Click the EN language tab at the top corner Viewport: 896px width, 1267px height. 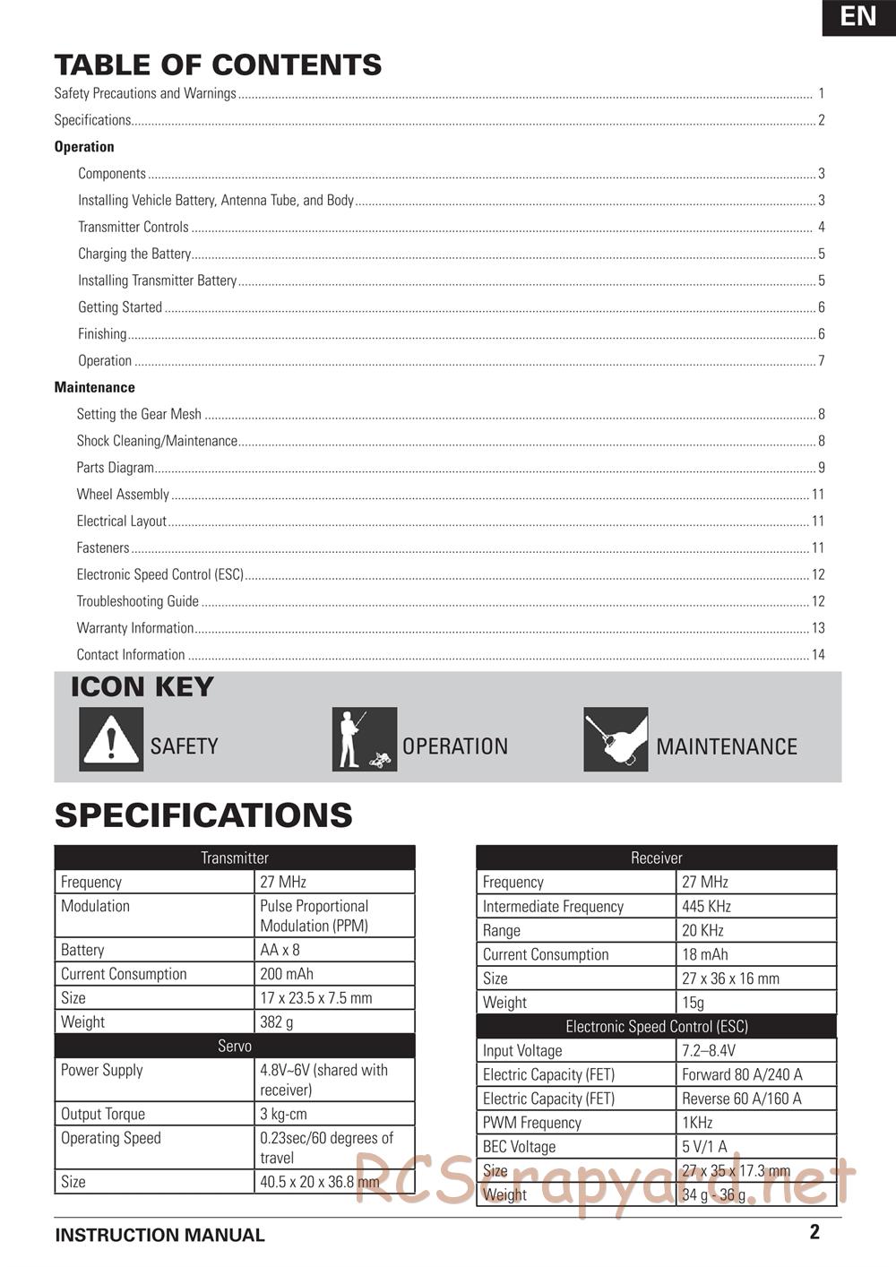(858, 17)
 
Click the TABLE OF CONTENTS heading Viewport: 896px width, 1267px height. (218, 65)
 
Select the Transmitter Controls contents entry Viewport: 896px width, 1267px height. (134, 228)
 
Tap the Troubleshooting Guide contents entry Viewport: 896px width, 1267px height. (137, 601)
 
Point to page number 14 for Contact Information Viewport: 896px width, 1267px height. (818, 655)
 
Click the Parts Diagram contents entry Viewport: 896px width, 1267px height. (115, 468)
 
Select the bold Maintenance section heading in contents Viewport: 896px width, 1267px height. (94, 388)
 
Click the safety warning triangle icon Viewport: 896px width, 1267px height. (111, 739)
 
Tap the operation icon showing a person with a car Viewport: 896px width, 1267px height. (364, 739)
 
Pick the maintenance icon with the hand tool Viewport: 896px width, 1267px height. (616, 739)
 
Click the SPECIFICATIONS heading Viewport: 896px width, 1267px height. (203, 815)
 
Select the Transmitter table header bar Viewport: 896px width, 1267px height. (235, 858)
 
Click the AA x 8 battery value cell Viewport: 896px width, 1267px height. (280, 950)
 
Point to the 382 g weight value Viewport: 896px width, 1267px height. (277, 1022)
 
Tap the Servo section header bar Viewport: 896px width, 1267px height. (235, 1047)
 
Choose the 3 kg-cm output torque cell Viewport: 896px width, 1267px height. (283, 1115)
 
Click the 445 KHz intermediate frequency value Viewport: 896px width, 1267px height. (706, 907)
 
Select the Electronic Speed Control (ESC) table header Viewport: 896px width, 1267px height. (656, 1027)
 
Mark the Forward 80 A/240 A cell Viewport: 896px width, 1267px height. (742, 1075)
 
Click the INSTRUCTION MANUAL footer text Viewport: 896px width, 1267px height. (159, 1236)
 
